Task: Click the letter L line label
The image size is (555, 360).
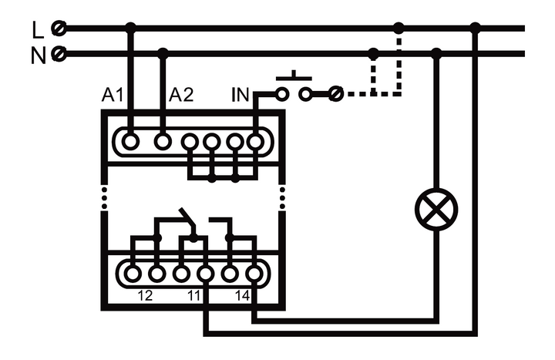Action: pos(38,29)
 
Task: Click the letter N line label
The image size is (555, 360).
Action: pos(38,55)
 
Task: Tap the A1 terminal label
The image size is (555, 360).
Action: pos(113,96)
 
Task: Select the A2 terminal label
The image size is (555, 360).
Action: pos(181,96)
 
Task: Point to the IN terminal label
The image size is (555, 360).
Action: pos(240,96)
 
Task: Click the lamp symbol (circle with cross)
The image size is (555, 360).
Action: pos(436,208)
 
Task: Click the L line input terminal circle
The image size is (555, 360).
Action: pos(57,29)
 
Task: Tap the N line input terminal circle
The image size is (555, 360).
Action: pos(57,54)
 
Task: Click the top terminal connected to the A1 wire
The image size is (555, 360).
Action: pos(130,141)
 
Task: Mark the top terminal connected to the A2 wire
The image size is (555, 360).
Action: pos(163,141)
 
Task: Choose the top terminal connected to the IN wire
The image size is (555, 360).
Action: pos(254,141)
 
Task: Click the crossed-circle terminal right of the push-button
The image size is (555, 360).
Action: pos(334,94)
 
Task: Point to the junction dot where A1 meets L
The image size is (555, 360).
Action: pos(130,29)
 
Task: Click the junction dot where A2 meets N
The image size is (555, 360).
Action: pos(163,54)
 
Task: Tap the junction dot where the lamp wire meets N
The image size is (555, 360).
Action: pos(436,54)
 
